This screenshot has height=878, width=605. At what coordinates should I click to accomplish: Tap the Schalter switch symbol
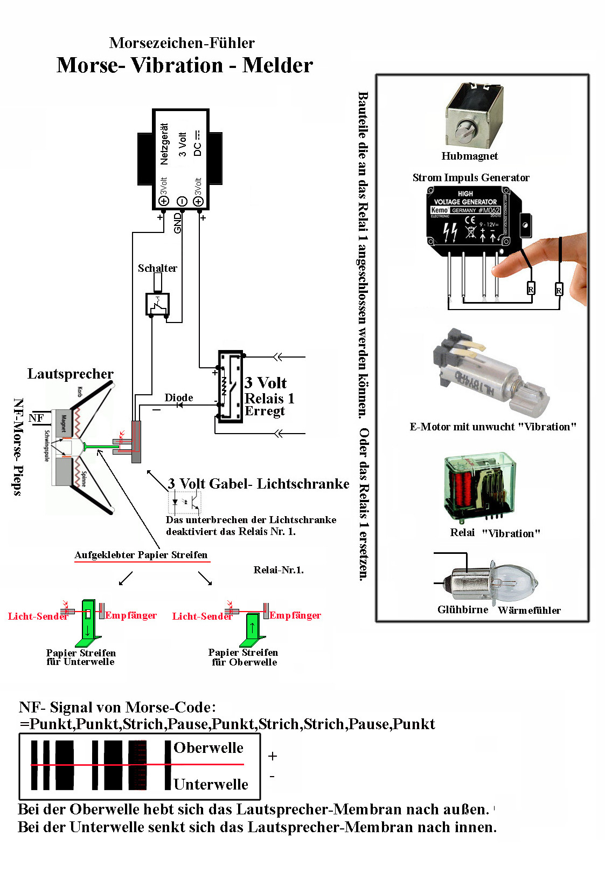(158, 304)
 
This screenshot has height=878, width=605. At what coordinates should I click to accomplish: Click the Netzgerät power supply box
(180, 159)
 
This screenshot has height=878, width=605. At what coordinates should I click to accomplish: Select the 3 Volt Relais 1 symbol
(230, 386)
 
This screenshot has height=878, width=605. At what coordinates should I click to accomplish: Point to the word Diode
(179, 397)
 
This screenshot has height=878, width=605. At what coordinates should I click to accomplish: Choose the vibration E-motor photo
(488, 372)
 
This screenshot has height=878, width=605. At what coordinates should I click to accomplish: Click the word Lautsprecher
(71, 374)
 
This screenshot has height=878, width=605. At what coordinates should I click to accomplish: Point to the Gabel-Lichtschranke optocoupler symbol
(185, 502)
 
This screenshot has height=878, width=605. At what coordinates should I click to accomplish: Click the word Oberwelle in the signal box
(208, 747)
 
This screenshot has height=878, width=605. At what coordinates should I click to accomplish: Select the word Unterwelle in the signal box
(211, 784)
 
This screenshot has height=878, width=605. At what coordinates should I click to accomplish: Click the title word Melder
(277, 65)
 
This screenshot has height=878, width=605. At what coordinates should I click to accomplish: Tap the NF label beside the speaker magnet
(36, 418)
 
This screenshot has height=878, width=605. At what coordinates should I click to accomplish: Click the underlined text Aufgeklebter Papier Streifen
(141, 555)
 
